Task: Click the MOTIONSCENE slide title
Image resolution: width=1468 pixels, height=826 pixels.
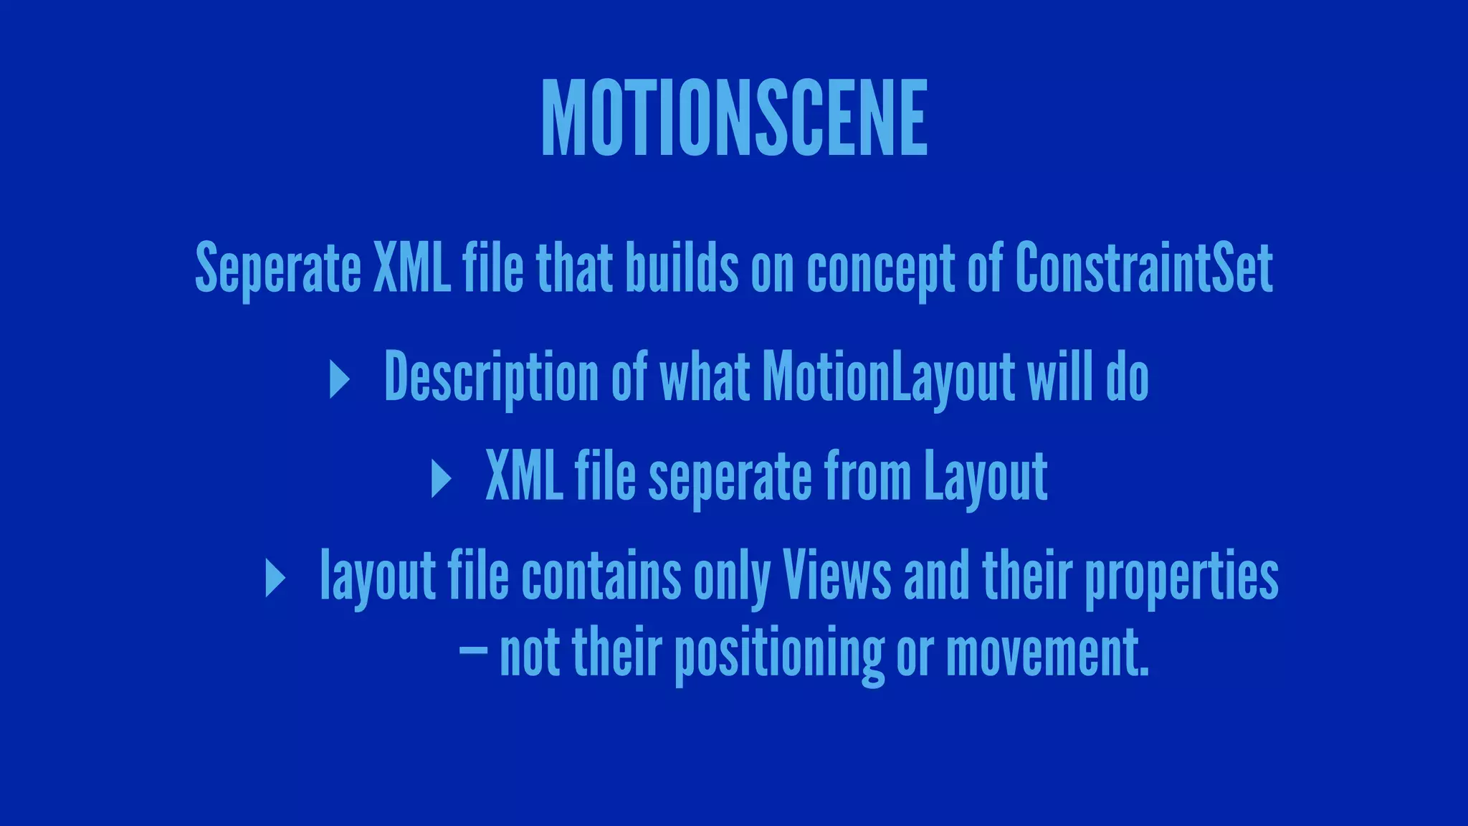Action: (x=734, y=118)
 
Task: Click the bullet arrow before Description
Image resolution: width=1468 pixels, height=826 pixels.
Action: (x=339, y=379)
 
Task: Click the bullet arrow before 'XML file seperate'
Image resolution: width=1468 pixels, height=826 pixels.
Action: (x=441, y=478)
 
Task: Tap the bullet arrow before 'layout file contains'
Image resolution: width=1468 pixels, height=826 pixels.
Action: (x=275, y=577)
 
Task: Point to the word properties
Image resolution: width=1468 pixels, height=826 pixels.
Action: (x=1181, y=577)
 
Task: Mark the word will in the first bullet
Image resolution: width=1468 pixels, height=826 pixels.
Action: (x=1060, y=376)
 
